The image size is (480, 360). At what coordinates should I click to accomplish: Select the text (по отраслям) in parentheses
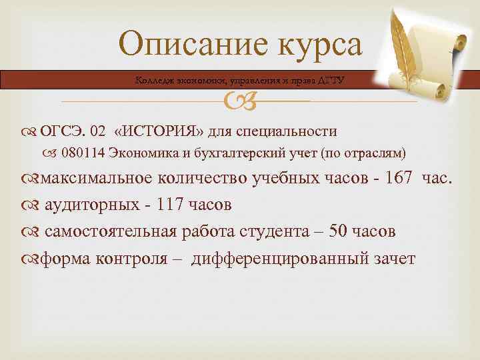click(363, 153)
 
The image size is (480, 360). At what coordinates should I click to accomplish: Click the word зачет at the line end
click(393, 258)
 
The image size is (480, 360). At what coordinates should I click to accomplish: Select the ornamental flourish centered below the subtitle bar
click(239, 101)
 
